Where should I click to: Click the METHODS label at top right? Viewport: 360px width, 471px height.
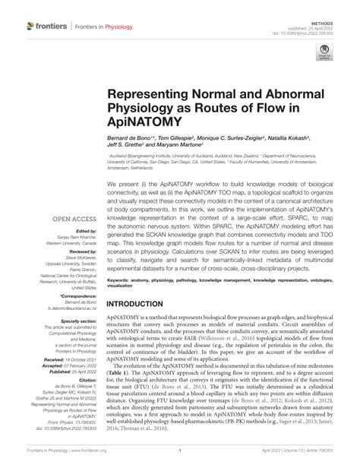pos(343,5)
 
